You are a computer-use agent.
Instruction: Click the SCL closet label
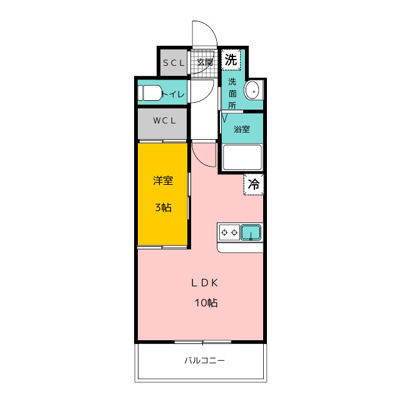coord(174,63)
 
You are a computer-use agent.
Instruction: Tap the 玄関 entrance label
coord(205,62)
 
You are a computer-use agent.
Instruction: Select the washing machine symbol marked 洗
coord(231,60)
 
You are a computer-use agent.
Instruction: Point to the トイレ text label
coord(173,94)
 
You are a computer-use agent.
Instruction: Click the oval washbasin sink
coord(252,90)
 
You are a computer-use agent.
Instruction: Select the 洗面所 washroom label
coord(232,93)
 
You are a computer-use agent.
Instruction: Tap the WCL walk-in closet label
coord(164,120)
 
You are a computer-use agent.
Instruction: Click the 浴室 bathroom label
coord(242,129)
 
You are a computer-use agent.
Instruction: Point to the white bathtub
coord(242,157)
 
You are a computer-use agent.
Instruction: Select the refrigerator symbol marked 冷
coord(253,184)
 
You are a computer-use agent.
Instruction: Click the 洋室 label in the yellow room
coord(163,180)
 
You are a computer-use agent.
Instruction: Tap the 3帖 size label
coord(163,207)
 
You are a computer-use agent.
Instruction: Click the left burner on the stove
coord(224,232)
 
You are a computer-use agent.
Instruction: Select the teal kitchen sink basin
coord(251,232)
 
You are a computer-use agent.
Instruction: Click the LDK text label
coord(205,283)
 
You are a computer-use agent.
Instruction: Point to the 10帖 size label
coord(206,303)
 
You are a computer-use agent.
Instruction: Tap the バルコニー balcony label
coord(205,361)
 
